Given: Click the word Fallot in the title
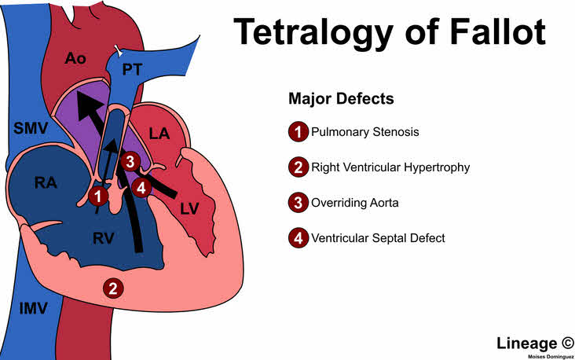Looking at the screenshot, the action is pos(497,31).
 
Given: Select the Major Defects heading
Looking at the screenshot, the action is pos(341,99).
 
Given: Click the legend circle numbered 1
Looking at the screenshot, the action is pos(298,132).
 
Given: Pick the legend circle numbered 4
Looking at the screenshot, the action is pos(298,238).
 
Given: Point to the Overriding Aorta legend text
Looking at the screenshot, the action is pos(354,203).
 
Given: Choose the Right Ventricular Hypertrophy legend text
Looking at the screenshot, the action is pos(390,167).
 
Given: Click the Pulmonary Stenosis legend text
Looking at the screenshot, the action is pos(365,132).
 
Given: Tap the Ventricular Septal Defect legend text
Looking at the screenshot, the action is pos(378,238).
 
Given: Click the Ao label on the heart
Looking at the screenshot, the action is pos(75,58).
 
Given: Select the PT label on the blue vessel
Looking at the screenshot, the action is pos(132,69).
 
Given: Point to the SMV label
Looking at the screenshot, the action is pos(31,128).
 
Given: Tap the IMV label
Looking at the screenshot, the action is pos(33,308).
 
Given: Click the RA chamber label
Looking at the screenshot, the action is pos(46,182).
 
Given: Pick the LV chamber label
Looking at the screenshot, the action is pos(189,209).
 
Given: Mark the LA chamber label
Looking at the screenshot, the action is pos(159,134).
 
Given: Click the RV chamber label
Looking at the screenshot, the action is pos(104,238).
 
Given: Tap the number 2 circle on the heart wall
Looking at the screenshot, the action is pos(113,288).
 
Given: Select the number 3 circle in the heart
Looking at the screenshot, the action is pos(130,161).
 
